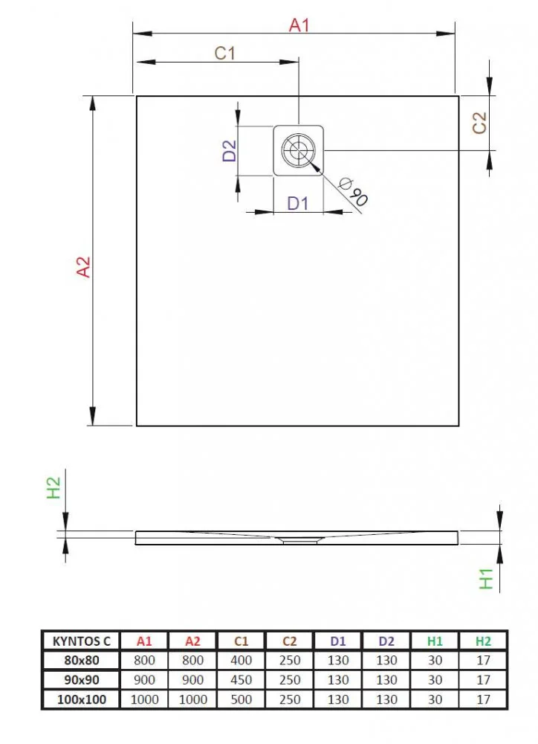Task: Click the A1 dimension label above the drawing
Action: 299,25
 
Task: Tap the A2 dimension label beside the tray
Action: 83,266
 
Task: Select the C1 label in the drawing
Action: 224,53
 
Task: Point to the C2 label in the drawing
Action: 480,123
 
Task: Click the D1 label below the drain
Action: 298,203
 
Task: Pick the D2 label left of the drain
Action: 230,151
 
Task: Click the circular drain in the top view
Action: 299,150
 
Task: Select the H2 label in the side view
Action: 54,488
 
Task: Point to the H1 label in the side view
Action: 486,579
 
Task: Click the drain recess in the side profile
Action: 299,539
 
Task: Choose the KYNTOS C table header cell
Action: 81,641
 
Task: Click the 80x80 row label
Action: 82,660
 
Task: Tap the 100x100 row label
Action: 82,699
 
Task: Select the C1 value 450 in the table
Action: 241,680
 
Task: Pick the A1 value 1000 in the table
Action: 144,699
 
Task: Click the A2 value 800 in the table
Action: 192,660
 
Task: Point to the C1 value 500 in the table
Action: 241,699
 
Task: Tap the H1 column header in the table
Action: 435,641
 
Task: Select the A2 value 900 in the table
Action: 192,680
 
